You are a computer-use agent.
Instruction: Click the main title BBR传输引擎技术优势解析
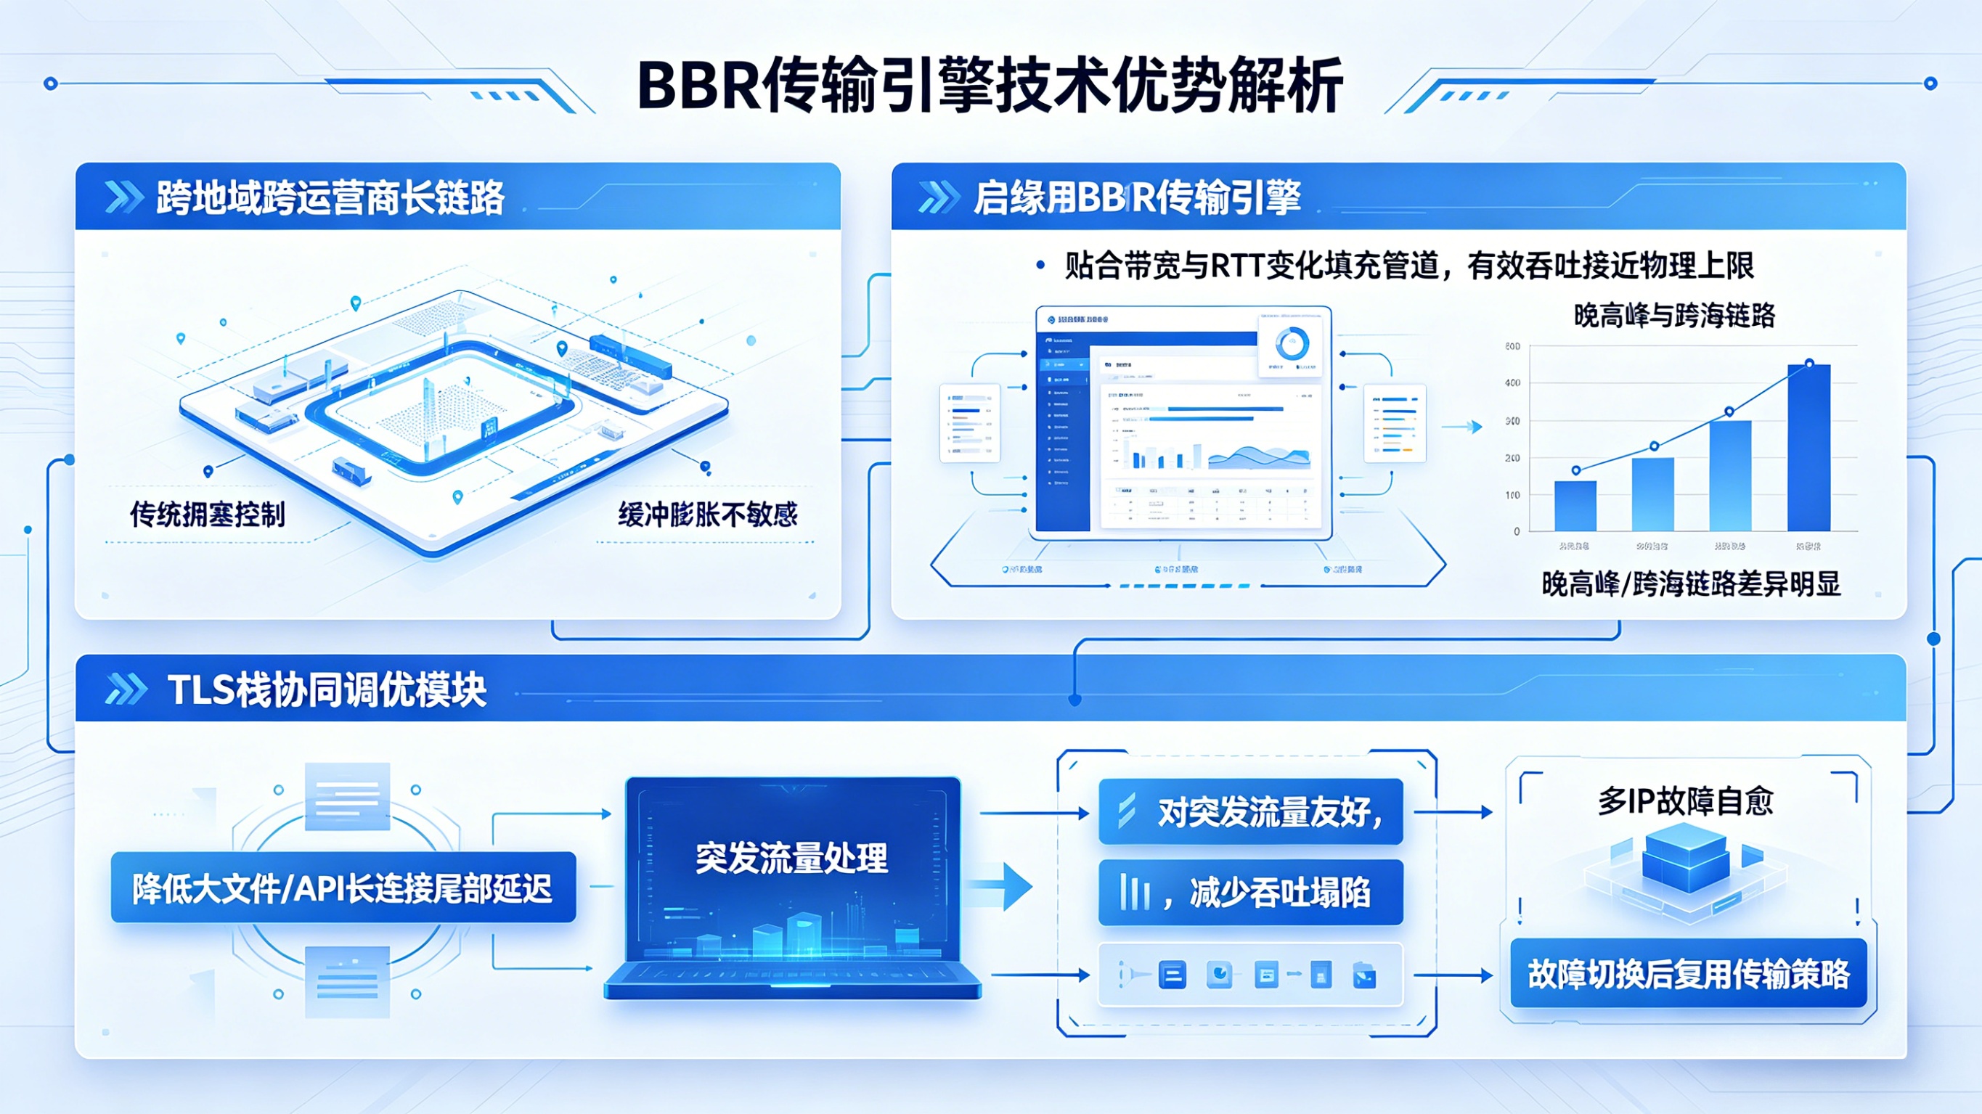point(990,85)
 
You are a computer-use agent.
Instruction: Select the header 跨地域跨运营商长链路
point(330,197)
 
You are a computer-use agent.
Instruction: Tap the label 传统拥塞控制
point(208,514)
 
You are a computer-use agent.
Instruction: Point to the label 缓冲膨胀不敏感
point(707,514)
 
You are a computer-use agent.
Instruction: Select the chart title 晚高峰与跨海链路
point(1674,316)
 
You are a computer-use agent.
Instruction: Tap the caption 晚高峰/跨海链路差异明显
point(1690,585)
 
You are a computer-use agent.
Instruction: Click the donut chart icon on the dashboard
point(1292,343)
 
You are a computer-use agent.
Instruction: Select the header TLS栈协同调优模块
point(327,689)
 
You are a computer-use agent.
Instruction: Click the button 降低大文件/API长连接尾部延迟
point(343,888)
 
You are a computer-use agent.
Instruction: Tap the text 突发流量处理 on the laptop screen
point(792,858)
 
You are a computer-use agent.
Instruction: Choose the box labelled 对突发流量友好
point(1250,812)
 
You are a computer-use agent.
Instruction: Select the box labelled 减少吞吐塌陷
point(1250,893)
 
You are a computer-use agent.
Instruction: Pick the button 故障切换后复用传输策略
point(1689,973)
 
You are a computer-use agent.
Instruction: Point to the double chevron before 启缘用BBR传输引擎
point(938,197)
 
